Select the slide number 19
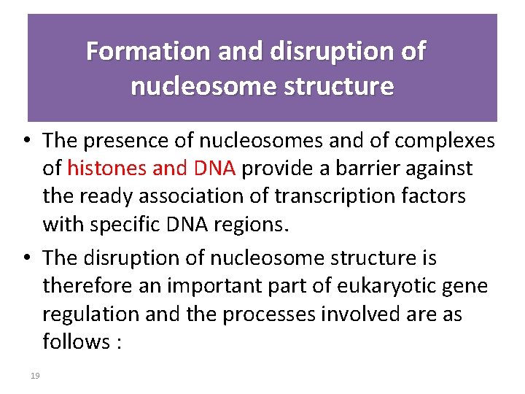34,376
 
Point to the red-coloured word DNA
214,169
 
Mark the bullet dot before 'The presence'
25,140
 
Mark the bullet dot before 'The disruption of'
25,258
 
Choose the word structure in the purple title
333,86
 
